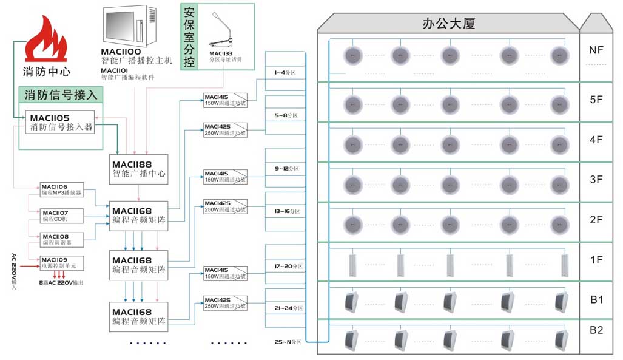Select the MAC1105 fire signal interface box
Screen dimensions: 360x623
[59, 122]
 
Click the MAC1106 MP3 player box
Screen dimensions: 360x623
[62, 189]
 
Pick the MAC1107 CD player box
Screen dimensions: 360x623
[62, 216]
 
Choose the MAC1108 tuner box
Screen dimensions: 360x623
[62, 239]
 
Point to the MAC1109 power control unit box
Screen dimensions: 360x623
[62, 263]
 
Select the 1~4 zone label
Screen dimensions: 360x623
[284, 73]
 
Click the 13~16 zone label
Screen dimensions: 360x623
[284, 211]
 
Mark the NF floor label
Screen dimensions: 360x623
[596, 50]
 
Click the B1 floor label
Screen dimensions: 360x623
[596, 299]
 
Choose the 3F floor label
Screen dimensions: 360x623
[596, 180]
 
